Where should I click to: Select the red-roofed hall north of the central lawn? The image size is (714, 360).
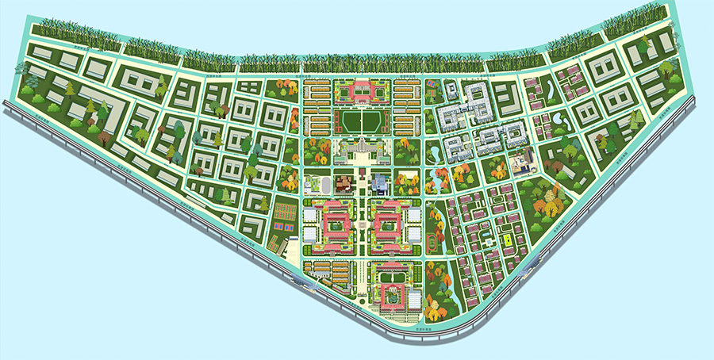(x=361, y=92)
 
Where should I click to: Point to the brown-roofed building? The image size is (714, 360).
(x=344, y=184)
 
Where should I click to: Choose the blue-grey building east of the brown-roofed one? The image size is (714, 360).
(x=380, y=184)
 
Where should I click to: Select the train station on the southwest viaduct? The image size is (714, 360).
(x=304, y=279)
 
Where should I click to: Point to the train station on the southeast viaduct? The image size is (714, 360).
(x=528, y=270)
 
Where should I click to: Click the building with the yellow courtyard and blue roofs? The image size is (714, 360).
(x=522, y=164)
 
